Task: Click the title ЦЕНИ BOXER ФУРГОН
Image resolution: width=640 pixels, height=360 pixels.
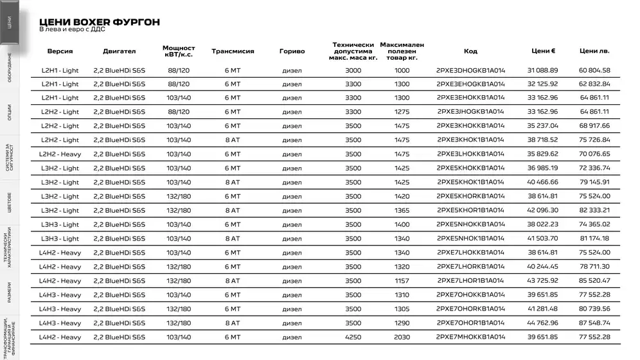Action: pyautogui.click(x=100, y=22)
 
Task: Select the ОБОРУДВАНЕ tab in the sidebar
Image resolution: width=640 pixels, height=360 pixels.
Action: pyautogui.click(x=9, y=66)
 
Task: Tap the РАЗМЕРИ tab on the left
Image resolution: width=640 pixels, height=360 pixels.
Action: pyautogui.click(x=9, y=292)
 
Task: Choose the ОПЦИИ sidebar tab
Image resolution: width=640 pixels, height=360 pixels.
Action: pyautogui.click(x=9, y=111)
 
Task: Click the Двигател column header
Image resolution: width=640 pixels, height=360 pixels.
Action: pyautogui.click(x=119, y=51)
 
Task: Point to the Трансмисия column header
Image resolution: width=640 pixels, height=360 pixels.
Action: pyautogui.click(x=233, y=51)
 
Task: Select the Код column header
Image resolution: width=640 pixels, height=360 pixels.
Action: pyautogui.click(x=470, y=51)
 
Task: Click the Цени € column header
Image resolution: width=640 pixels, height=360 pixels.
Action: pyautogui.click(x=543, y=51)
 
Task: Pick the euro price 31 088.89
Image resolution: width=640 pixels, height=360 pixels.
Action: pyautogui.click(x=543, y=70)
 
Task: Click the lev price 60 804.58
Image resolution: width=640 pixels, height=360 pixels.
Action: pyautogui.click(x=594, y=70)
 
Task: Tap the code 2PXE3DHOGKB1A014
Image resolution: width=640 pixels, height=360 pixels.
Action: pyautogui.click(x=470, y=70)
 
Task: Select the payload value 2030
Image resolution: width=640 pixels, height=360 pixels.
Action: pyautogui.click(x=402, y=337)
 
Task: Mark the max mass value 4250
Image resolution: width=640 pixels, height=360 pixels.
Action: pyautogui.click(x=353, y=337)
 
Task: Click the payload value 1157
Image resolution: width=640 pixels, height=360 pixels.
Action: pyautogui.click(x=402, y=281)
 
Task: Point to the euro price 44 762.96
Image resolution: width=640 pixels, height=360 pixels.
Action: pyautogui.click(x=543, y=323)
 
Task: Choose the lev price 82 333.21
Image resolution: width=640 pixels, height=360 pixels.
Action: pyautogui.click(x=594, y=210)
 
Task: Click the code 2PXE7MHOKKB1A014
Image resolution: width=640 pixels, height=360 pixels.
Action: pyautogui.click(x=470, y=337)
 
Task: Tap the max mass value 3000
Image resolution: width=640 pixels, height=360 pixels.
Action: pyautogui.click(x=353, y=70)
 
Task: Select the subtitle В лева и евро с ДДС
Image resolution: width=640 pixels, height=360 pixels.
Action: pyautogui.click(x=72, y=30)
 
